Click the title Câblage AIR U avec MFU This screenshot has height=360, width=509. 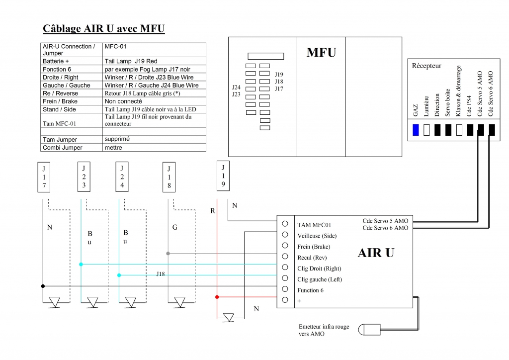(x=103, y=28)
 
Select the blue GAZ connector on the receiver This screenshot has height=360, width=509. (x=416, y=130)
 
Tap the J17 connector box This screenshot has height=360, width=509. (x=44, y=177)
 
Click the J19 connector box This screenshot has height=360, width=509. (x=223, y=175)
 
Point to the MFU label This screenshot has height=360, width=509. (x=321, y=52)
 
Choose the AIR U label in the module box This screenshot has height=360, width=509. (x=376, y=253)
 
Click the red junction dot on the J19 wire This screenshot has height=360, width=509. (x=217, y=297)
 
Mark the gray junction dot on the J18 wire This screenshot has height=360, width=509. (x=168, y=254)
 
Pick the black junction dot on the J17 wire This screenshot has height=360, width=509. (x=43, y=286)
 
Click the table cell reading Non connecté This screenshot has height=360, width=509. (x=123, y=101)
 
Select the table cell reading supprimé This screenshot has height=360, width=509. (x=117, y=139)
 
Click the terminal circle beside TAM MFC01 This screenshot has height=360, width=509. (x=285, y=224)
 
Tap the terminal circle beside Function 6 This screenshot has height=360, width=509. (x=285, y=289)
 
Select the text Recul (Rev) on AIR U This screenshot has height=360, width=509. (x=312, y=258)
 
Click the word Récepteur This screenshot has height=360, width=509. (x=426, y=66)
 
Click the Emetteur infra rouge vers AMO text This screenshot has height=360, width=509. (x=324, y=330)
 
